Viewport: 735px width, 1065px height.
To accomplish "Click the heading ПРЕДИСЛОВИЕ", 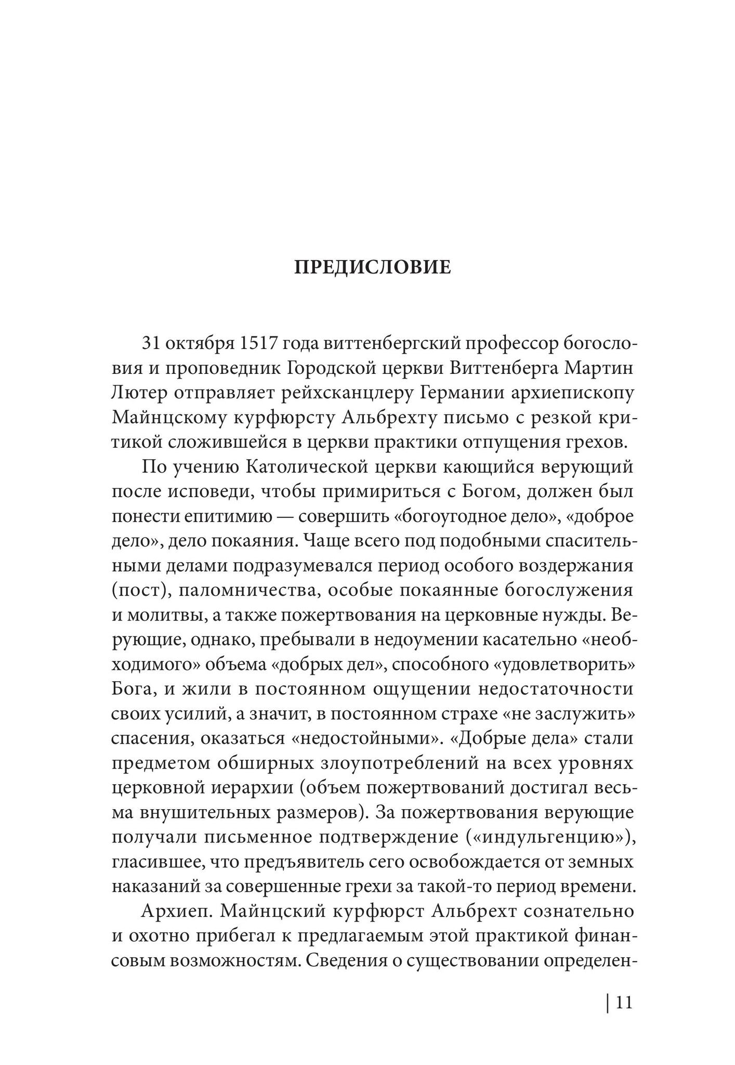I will (x=373, y=268).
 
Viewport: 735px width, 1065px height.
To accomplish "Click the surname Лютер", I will (x=139, y=394).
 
